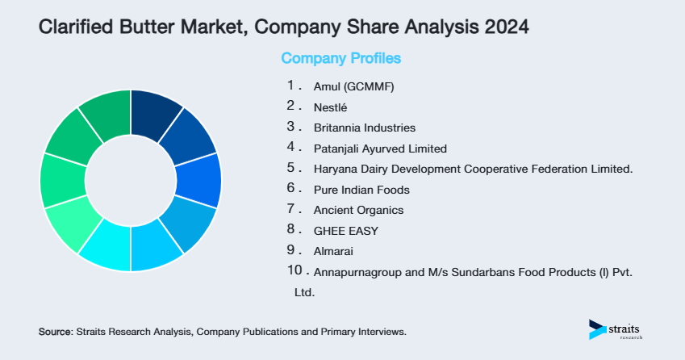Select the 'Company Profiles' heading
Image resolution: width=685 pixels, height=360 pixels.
340,59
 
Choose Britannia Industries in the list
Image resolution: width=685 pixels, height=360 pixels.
364,128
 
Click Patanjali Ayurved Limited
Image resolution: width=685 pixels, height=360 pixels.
379,149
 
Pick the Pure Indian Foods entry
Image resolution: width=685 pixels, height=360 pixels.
361,190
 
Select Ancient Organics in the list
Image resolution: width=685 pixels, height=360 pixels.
358,210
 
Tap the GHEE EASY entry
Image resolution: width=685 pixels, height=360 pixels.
345,231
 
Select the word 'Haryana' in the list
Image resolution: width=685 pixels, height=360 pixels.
333,169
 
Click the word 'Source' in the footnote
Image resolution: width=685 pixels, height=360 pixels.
55,332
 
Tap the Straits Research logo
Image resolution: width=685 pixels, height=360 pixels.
615,329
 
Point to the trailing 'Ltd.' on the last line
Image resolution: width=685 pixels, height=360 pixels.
304,292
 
